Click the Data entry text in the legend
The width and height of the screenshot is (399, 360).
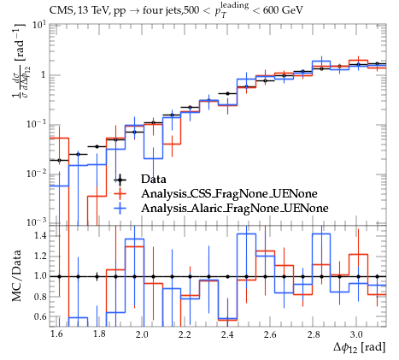coord(153,180)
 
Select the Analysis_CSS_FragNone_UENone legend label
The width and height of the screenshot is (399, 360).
coord(229,194)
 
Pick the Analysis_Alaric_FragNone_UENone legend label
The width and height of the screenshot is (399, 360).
coord(235,208)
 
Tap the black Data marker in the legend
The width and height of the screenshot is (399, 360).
coord(120,180)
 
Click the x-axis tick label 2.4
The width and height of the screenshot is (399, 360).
coord(227,334)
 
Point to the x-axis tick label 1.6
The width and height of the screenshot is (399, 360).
coord(56,334)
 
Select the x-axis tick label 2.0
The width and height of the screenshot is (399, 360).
coord(142,334)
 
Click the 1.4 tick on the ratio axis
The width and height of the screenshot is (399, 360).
coord(40,236)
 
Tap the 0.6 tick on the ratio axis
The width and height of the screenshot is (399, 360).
coord(40,316)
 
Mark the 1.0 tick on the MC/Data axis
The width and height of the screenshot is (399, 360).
coord(40,276)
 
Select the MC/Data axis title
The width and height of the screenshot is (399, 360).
coord(16,275)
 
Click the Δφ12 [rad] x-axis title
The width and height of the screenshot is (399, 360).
coord(360,348)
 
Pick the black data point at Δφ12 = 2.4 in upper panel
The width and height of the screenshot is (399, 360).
coord(227,93)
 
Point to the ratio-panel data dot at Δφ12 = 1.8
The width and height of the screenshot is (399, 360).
coord(97,276)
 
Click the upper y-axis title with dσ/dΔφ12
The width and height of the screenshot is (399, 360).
coord(19,61)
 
